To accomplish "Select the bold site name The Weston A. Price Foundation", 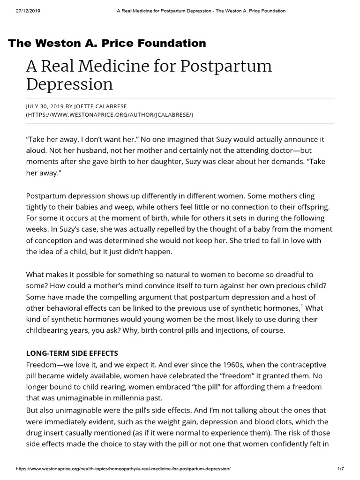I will [107, 44].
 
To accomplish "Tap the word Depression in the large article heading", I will [69, 84].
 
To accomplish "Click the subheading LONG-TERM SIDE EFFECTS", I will [72, 352].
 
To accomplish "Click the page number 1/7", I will [347, 469].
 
